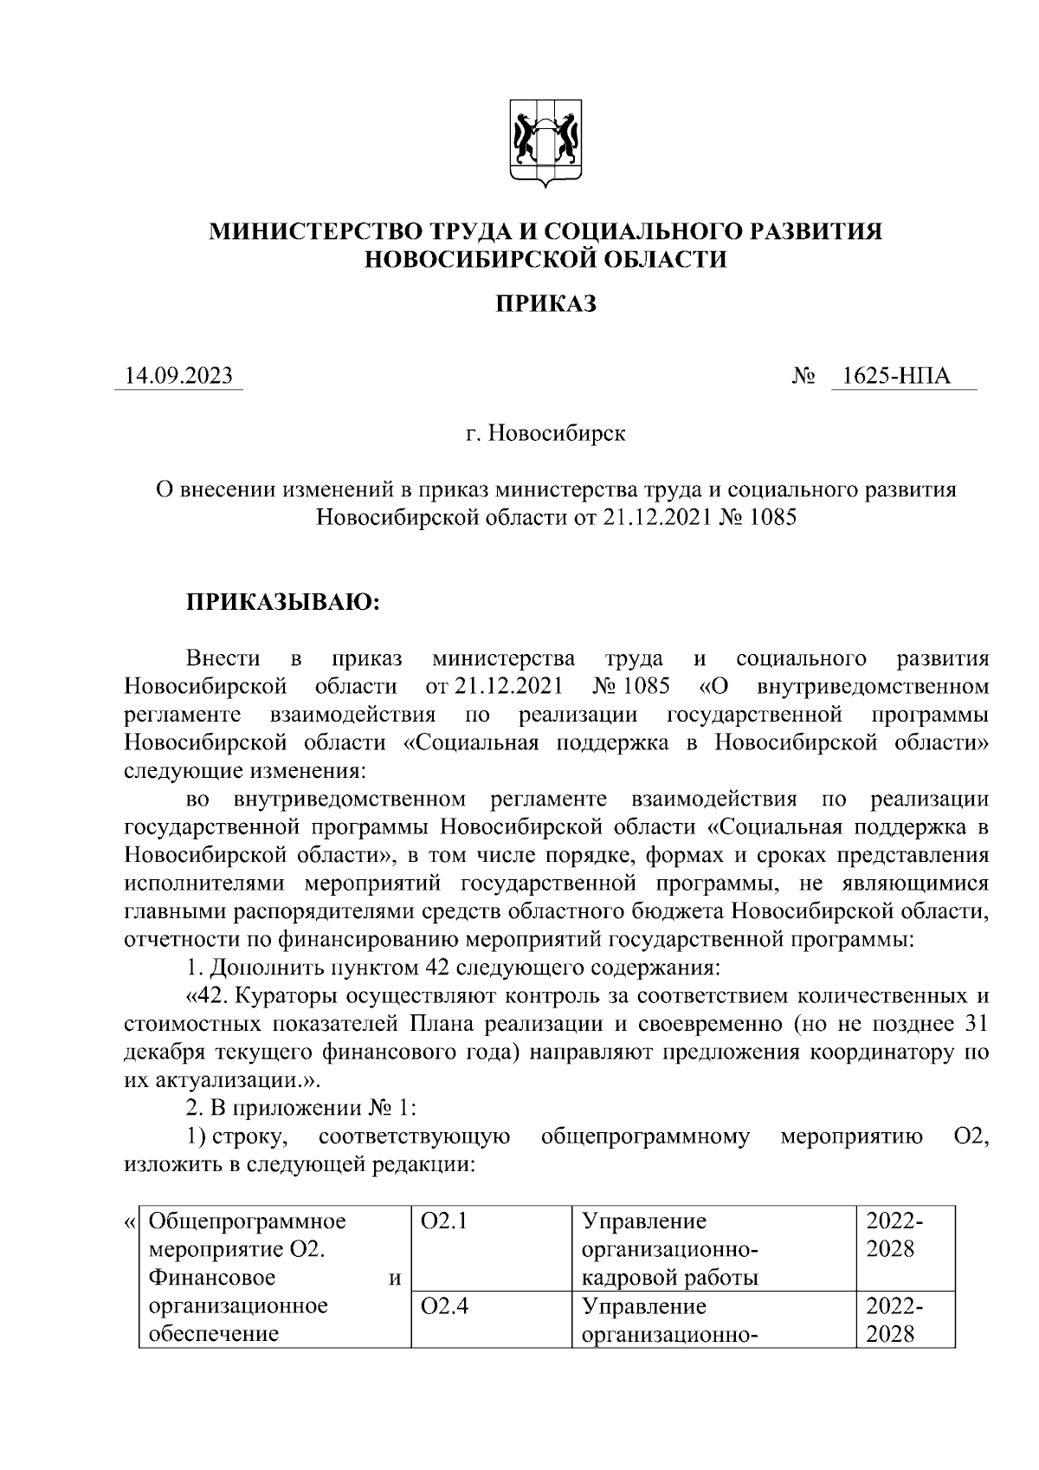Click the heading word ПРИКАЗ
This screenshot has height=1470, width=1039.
coord(545,304)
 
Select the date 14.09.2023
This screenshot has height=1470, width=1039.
coord(178,376)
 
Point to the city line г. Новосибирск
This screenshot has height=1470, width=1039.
coord(545,432)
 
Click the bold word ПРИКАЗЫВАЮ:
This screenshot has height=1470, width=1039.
coord(282,602)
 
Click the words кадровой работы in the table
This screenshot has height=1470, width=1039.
coord(670,1278)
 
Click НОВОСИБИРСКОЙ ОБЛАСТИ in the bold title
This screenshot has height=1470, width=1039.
coord(545,259)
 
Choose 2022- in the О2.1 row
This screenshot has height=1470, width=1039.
coord(894,1222)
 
